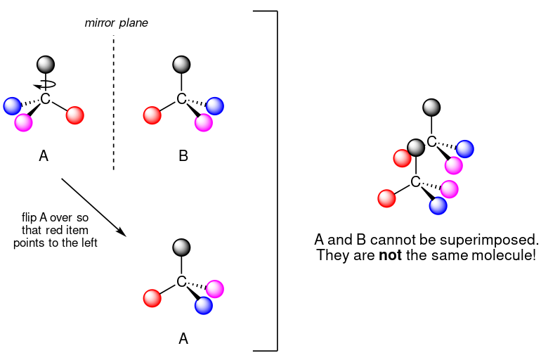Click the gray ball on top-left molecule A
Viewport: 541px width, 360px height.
click(x=46, y=65)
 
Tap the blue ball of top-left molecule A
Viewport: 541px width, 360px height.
click(x=12, y=105)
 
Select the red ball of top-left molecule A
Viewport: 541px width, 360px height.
click(x=75, y=115)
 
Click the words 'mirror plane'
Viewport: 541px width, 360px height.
click(x=116, y=23)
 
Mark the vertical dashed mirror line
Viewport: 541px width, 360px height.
click(x=113, y=105)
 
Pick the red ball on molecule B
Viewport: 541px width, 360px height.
click(x=152, y=115)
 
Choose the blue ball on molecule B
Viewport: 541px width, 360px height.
click(x=214, y=106)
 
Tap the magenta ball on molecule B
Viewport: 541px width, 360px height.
click(x=204, y=122)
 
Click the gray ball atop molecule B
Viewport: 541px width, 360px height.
click(x=181, y=65)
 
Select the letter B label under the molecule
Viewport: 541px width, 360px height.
click(x=183, y=156)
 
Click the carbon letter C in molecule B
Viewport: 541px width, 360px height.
click(x=181, y=99)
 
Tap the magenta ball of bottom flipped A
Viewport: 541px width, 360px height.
click(x=214, y=288)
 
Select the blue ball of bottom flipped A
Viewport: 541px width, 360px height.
click(x=204, y=305)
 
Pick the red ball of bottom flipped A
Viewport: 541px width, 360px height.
click(x=152, y=298)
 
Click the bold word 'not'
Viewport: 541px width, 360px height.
click(x=390, y=255)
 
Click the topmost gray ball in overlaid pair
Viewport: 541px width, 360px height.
click(x=431, y=108)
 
